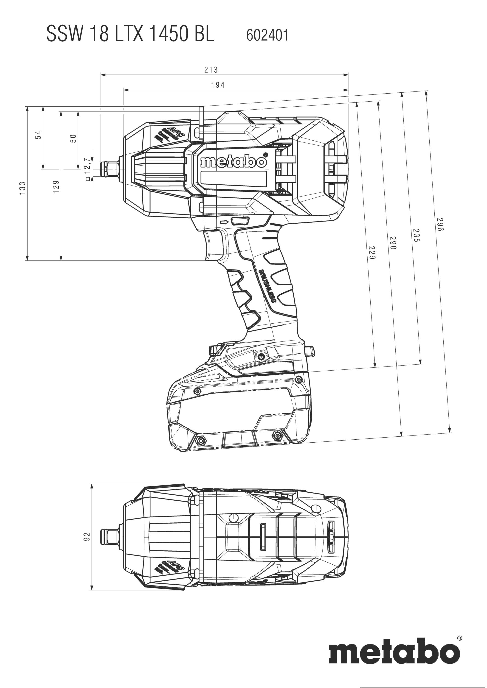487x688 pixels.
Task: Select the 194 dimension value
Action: pos(217,85)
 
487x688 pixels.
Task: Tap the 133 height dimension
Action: pos(23,188)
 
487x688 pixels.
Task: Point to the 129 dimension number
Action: pos(56,187)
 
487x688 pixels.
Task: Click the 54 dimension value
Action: pos(38,135)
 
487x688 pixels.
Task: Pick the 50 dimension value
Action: pos(73,139)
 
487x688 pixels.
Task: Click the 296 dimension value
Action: pos(440,225)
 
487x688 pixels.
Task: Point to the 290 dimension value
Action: pos(393,243)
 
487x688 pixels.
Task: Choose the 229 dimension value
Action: pos(372,252)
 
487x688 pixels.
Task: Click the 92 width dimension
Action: pos(87,536)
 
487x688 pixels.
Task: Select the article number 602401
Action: pos(267,35)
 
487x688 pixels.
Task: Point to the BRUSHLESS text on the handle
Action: pos(267,286)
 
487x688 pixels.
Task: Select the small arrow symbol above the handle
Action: pos(224,222)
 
